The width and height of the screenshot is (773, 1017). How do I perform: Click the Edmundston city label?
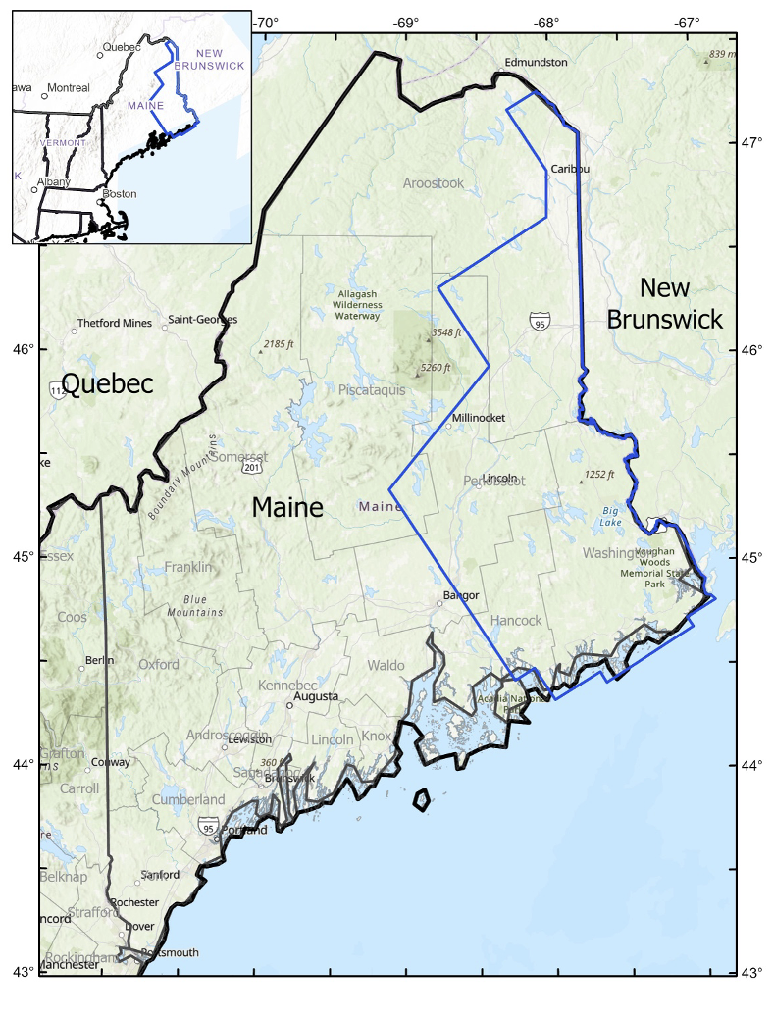pyautogui.click(x=536, y=62)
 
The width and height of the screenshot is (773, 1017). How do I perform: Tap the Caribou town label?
pyautogui.click(x=570, y=169)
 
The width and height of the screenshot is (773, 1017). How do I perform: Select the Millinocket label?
pyautogui.click(x=478, y=418)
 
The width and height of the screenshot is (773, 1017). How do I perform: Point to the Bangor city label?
pyautogui.click(x=461, y=595)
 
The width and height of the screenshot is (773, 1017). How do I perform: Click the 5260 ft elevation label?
pyautogui.click(x=435, y=368)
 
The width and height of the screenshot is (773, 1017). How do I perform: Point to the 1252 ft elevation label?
pyautogui.click(x=598, y=475)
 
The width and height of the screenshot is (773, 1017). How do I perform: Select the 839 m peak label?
pyautogui.click(x=721, y=54)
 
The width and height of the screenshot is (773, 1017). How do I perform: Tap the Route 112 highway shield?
pyautogui.click(x=56, y=390)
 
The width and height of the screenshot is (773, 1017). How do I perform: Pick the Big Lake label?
pyautogui.click(x=611, y=516)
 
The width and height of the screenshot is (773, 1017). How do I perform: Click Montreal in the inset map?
pyautogui.click(x=68, y=87)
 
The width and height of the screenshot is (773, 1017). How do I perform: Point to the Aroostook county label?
pyautogui.click(x=433, y=183)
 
